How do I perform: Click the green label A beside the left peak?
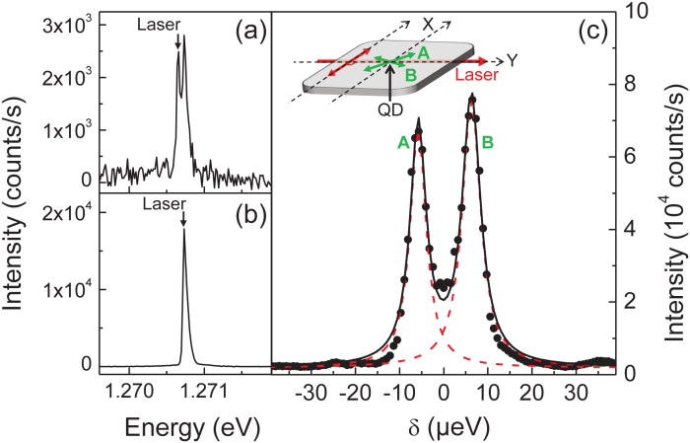pos(402,141)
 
